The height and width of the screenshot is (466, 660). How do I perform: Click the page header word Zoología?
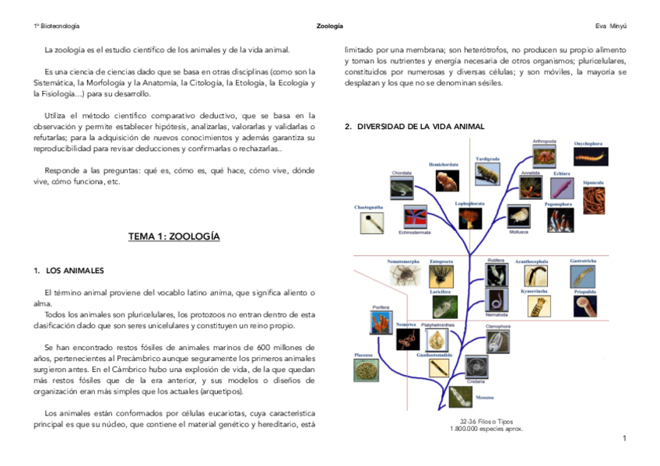329,26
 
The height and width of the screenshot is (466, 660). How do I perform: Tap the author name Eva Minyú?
611,26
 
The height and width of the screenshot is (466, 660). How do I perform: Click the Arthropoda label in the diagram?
544,142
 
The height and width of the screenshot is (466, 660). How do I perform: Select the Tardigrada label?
488,159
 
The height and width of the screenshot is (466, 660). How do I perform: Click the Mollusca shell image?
518,215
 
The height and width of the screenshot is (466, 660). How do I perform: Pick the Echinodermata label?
415,232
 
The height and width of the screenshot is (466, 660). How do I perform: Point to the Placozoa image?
363,369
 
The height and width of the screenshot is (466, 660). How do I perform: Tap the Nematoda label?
497,314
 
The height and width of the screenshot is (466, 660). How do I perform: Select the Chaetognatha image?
372,223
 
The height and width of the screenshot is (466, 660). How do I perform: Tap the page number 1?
624,439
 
